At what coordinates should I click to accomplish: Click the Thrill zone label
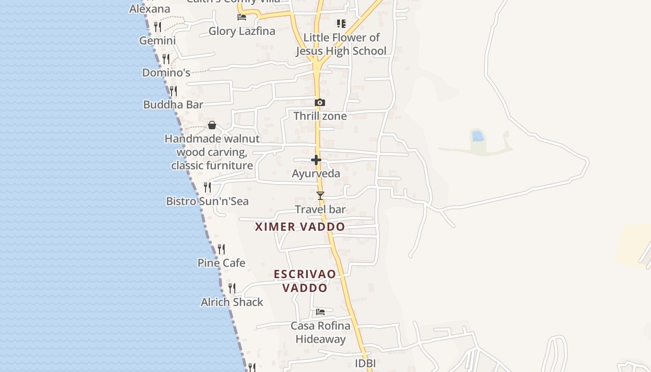[x=320, y=116]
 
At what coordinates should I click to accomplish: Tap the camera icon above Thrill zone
[x=320, y=102]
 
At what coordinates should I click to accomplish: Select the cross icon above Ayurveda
[x=316, y=160]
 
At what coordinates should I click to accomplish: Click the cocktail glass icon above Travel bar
[x=320, y=196]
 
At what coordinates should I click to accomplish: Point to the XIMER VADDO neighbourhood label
[x=300, y=227]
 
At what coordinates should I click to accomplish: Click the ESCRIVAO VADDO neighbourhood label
[x=305, y=281]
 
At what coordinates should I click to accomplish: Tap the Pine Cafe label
[x=221, y=263]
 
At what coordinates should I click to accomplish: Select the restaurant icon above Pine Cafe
[x=221, y=250]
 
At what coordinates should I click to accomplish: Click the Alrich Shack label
[x=232, y=302]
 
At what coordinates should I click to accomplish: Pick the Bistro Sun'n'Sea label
[x=207, y=201]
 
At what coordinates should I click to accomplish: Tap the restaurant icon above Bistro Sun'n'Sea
[x=207, y=187]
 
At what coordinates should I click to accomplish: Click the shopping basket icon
[x=212, y=125]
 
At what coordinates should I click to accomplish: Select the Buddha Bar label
[x=173, y=105]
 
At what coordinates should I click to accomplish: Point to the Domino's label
[x=166, y=73]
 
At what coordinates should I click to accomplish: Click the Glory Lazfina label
[x=242, y=31]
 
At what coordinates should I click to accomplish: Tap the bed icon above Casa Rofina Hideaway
[x=320, y=312]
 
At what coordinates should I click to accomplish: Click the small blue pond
[x=478, y=136]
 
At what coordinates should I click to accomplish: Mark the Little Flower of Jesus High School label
[x=341, y=44]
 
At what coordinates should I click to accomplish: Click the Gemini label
[x=158, y=40]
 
